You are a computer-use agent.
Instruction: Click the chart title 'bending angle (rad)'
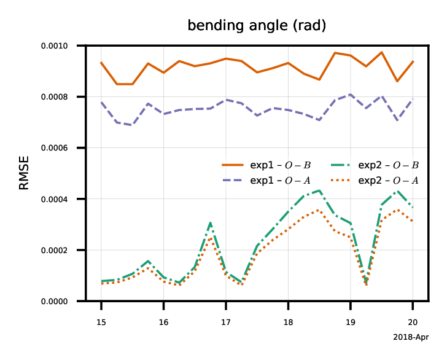[256, 26]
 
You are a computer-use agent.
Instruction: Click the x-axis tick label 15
[101, 322]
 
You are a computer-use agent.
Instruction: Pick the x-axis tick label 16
[163, 322]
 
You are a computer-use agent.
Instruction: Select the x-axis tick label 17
[226, 322]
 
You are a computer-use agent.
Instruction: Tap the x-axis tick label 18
[288, 322]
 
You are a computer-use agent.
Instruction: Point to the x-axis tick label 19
[351, 322]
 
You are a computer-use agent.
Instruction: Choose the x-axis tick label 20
[413, 322]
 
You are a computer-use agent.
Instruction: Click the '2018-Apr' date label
[410, 337]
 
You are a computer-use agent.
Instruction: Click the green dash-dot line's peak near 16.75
[211, 222]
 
